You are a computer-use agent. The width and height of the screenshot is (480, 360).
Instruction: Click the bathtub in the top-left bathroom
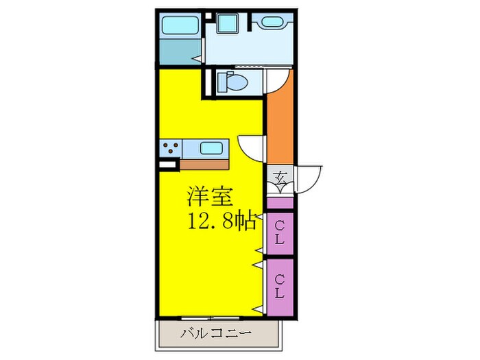point(180,25)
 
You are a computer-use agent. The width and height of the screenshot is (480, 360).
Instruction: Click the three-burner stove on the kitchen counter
point(170,147)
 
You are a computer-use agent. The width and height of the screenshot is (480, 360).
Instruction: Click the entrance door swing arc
point(309,180)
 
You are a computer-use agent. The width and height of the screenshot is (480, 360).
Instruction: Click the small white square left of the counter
point(165,165)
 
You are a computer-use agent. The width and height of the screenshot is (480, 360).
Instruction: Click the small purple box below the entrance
point(280,202)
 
